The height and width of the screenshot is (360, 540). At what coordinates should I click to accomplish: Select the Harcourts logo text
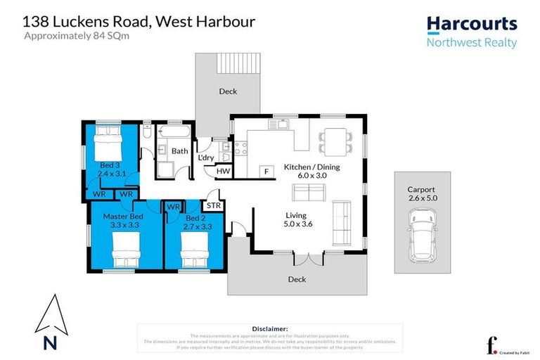(472, 25)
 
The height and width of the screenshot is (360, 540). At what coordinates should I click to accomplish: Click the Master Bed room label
(123, 221)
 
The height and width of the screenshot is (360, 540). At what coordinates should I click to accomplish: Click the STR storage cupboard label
(212, 206)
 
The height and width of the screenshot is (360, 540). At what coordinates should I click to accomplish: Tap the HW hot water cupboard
(222, 171)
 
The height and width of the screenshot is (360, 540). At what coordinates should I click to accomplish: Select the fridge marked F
(266, 171)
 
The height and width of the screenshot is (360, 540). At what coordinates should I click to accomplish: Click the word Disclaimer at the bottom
(270, 328)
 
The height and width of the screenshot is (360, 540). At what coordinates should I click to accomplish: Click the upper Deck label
(227, 91)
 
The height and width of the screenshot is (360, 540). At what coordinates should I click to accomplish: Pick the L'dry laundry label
(205, 157)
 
